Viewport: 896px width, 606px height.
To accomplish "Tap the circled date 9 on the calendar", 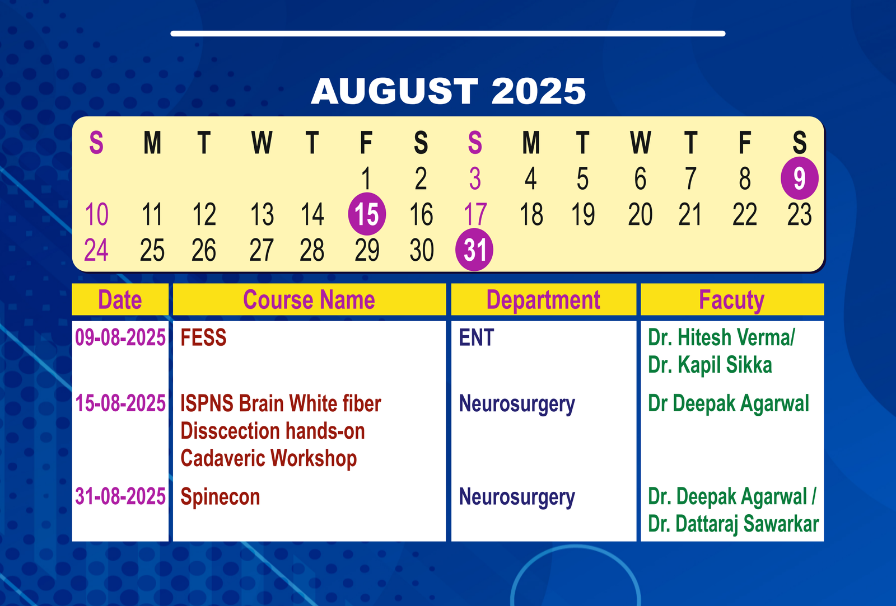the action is (x=799, y=178).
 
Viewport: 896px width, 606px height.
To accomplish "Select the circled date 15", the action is (x=367, y=214).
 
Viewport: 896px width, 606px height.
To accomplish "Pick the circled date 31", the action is (x=474, y=250).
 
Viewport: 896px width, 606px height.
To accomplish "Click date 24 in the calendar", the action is (x=96, y=250).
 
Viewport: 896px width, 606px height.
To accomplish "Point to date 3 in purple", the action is (x=475, y=178).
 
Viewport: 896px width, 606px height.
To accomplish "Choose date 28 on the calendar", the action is (x=312, y=250).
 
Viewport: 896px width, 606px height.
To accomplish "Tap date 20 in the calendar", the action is (x=640, y=214).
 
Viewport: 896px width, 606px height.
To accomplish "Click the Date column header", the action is (x=120, y=299).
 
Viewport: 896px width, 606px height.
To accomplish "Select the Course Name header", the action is (x=309, y=299).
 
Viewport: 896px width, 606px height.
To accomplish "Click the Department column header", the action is (x=543, y=300).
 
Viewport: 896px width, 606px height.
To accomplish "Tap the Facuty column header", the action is (x=731, y=300).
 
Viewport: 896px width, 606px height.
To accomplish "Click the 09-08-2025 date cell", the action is (x=120, y=337).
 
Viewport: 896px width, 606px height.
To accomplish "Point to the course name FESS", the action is (x=203, y=337).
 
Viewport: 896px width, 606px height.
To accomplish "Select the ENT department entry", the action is (x=477, y=337).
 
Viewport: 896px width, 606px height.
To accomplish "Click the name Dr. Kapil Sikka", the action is (x=710, y=365).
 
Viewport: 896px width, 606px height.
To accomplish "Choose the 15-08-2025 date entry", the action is (x=120, y=403).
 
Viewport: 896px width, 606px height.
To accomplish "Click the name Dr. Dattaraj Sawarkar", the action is (x=733, y=524).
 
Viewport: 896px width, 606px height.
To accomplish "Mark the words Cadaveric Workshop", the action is (x=268, y=459).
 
